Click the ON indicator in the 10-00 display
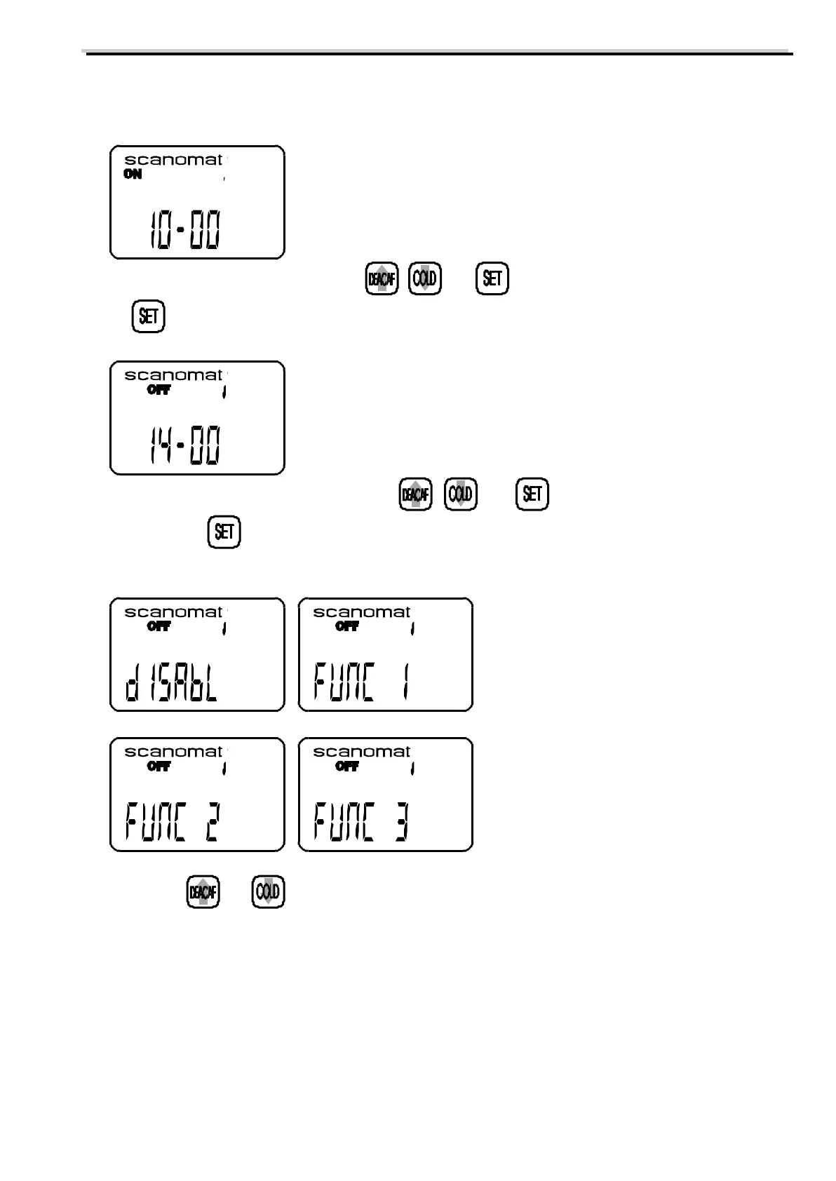point(133,175)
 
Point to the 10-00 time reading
point(185,231)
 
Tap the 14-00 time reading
point(185,446)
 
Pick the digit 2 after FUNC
point(211,823)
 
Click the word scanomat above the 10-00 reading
point(173,160)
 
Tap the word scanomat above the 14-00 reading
point(173,375)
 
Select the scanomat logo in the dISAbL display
point(173,612)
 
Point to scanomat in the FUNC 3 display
point(361,752)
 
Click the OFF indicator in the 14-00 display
point(159,390)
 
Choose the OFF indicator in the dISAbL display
point(159,626)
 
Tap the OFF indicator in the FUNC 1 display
point(347,626)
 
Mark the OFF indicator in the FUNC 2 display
point(159,766)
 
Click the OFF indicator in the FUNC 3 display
point(347,766)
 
